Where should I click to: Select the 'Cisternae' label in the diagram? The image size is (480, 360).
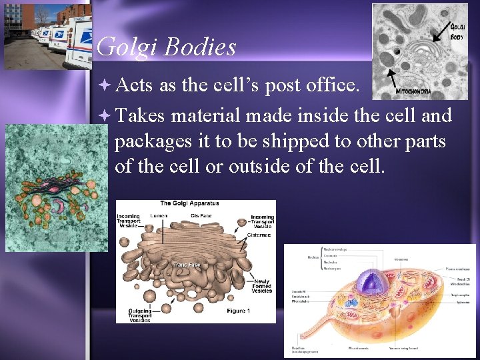259,235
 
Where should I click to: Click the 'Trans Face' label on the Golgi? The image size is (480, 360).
186,265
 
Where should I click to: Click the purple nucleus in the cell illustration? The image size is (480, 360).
367,283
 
